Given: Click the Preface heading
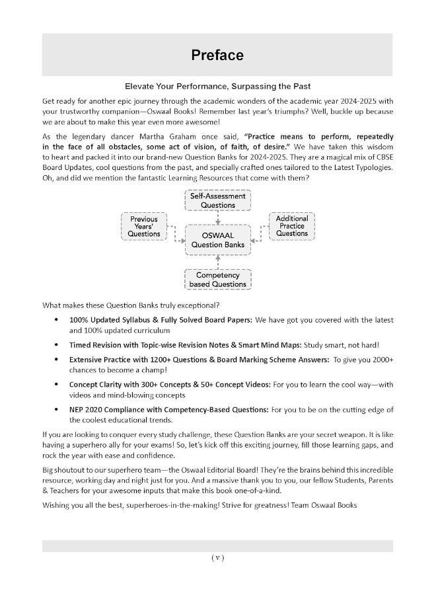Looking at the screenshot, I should [217, 55].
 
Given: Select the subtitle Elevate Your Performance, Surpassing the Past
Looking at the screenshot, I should [217, 87].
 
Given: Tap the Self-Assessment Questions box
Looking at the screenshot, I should [217, 200].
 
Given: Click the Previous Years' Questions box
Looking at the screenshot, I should [144, 226].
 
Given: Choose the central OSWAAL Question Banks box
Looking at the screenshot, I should [217, 239].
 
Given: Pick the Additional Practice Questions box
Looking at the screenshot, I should [291, 225].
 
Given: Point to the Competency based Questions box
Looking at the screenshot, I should [217, 279].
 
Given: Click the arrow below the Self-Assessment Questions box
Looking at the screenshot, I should [217, 218].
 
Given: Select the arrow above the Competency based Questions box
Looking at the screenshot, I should [217, 261].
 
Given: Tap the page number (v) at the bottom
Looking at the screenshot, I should [217, 557].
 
